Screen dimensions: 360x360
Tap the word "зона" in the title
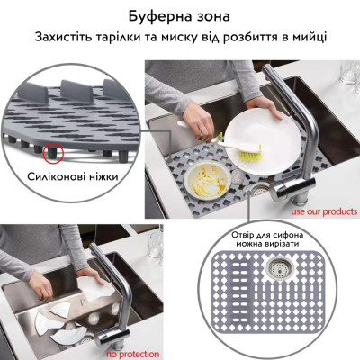coord(217,15)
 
